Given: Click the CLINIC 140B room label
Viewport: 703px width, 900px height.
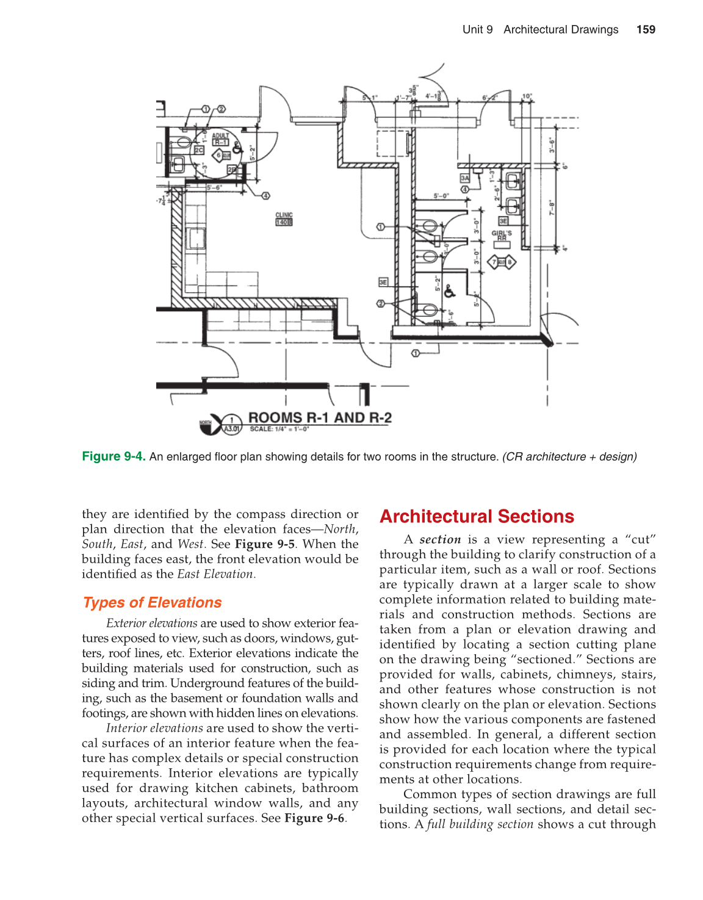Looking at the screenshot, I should click(x=284, y=219).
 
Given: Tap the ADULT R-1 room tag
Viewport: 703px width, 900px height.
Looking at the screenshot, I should click(x=220, y=139).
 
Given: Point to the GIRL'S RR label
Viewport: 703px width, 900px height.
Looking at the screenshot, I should click(x=502, y=236).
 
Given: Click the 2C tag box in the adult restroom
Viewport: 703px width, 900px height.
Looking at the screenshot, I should click(x=199, y=149).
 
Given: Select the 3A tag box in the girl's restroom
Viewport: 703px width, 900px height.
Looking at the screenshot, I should click(x=465, y=178).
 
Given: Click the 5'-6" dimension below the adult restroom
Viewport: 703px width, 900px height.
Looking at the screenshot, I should click(x=214, y=187).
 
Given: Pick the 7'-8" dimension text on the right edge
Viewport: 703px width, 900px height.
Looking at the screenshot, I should click(x=551, y=207).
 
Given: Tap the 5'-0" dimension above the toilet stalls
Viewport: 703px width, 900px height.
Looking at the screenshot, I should click(x=441, y=196).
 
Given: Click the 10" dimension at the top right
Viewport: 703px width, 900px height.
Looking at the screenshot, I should click(x=527, y=96).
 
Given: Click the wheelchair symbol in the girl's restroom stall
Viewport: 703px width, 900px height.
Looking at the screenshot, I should click(x=449, y=292).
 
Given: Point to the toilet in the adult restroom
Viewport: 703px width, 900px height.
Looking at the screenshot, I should click(x=182, y=144).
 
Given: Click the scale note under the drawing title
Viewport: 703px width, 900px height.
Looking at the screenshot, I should click(x=279, y=429).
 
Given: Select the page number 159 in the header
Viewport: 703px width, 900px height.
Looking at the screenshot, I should click(x=646, y=29).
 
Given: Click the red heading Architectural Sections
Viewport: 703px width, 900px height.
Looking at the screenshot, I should click(x=477, y=516).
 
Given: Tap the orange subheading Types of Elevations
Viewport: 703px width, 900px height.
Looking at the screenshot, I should click(x=153, y=602).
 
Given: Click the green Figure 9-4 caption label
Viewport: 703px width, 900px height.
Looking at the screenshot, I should click(x=114, y=456).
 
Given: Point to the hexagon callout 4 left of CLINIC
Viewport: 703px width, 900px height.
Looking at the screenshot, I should click(x=265, y=196).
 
